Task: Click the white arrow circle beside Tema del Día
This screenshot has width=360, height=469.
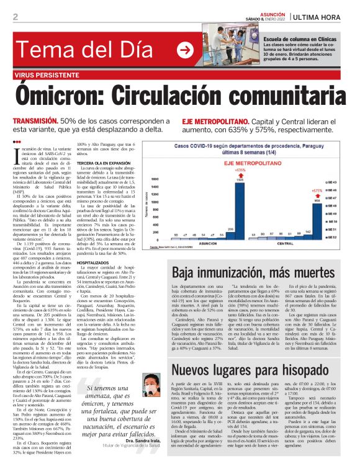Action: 184,50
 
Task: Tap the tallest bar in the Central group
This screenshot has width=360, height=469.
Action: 317,220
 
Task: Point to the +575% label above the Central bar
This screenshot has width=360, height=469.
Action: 317,190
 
